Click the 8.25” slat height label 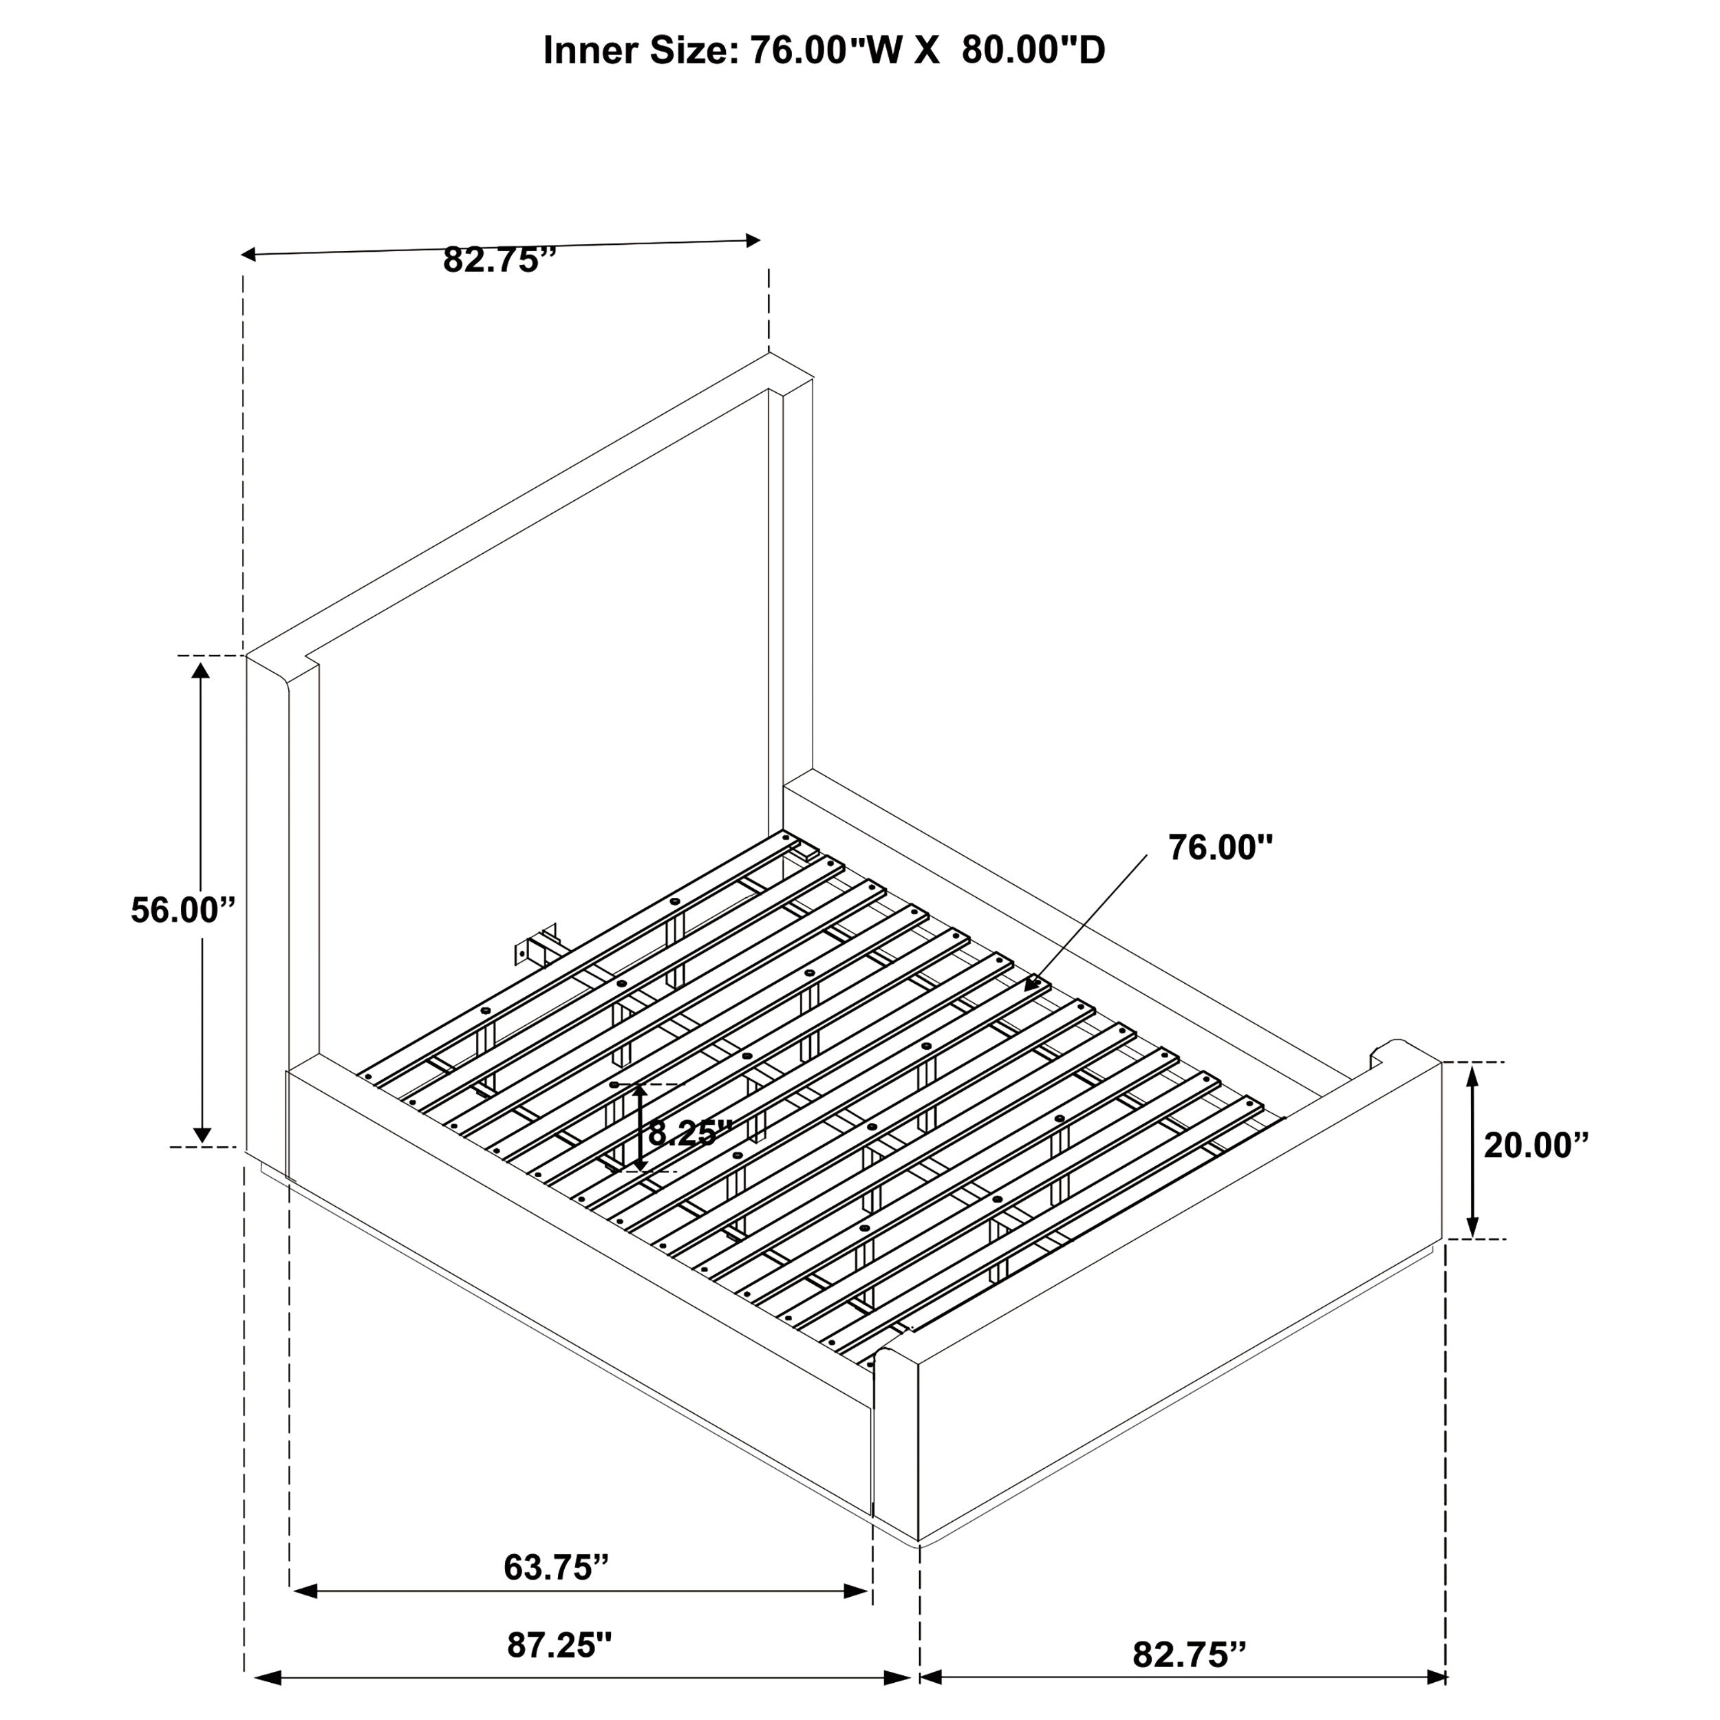pyautogui.click(x=688, y=1133)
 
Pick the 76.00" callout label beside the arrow pyautogui.click(x=1221, y=848)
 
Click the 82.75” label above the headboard pyautogui.click(x=499, y=261)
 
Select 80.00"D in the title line pyautogui.click(x=1033, y=51)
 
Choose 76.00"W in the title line pyautogui.click(x=827, y=51)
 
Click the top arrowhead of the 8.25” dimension pyautogui.click(x=639, y=1091)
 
